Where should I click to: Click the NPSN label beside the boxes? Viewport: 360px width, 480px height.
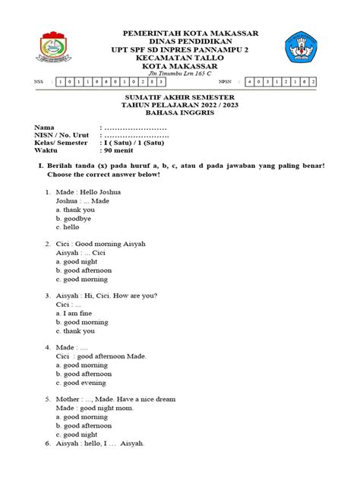click(224, 81)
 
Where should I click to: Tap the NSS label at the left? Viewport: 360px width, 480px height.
click(39, 81)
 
